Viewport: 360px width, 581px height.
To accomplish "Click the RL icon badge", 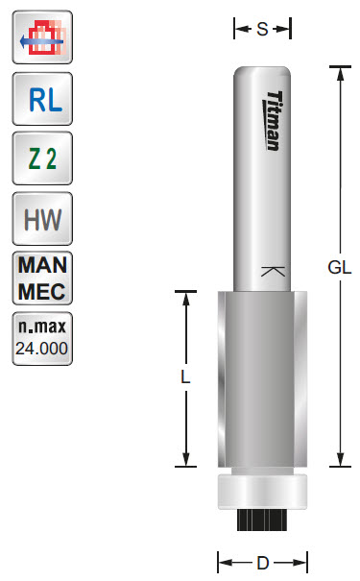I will point(40,99).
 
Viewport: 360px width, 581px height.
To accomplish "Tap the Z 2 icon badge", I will point(40,159).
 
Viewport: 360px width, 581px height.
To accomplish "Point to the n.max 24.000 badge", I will point(40,338).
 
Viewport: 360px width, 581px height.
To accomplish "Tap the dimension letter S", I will point(262,30).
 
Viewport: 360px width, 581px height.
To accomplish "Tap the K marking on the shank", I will point(272,272).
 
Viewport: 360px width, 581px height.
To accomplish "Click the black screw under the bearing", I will point(262,520).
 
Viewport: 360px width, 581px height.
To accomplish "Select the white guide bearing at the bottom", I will point(262,490).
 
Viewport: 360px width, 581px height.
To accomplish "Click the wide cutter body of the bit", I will point(262,379).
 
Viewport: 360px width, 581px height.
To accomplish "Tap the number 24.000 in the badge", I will point(40,349).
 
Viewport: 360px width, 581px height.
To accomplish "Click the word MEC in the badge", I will point(40,289).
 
